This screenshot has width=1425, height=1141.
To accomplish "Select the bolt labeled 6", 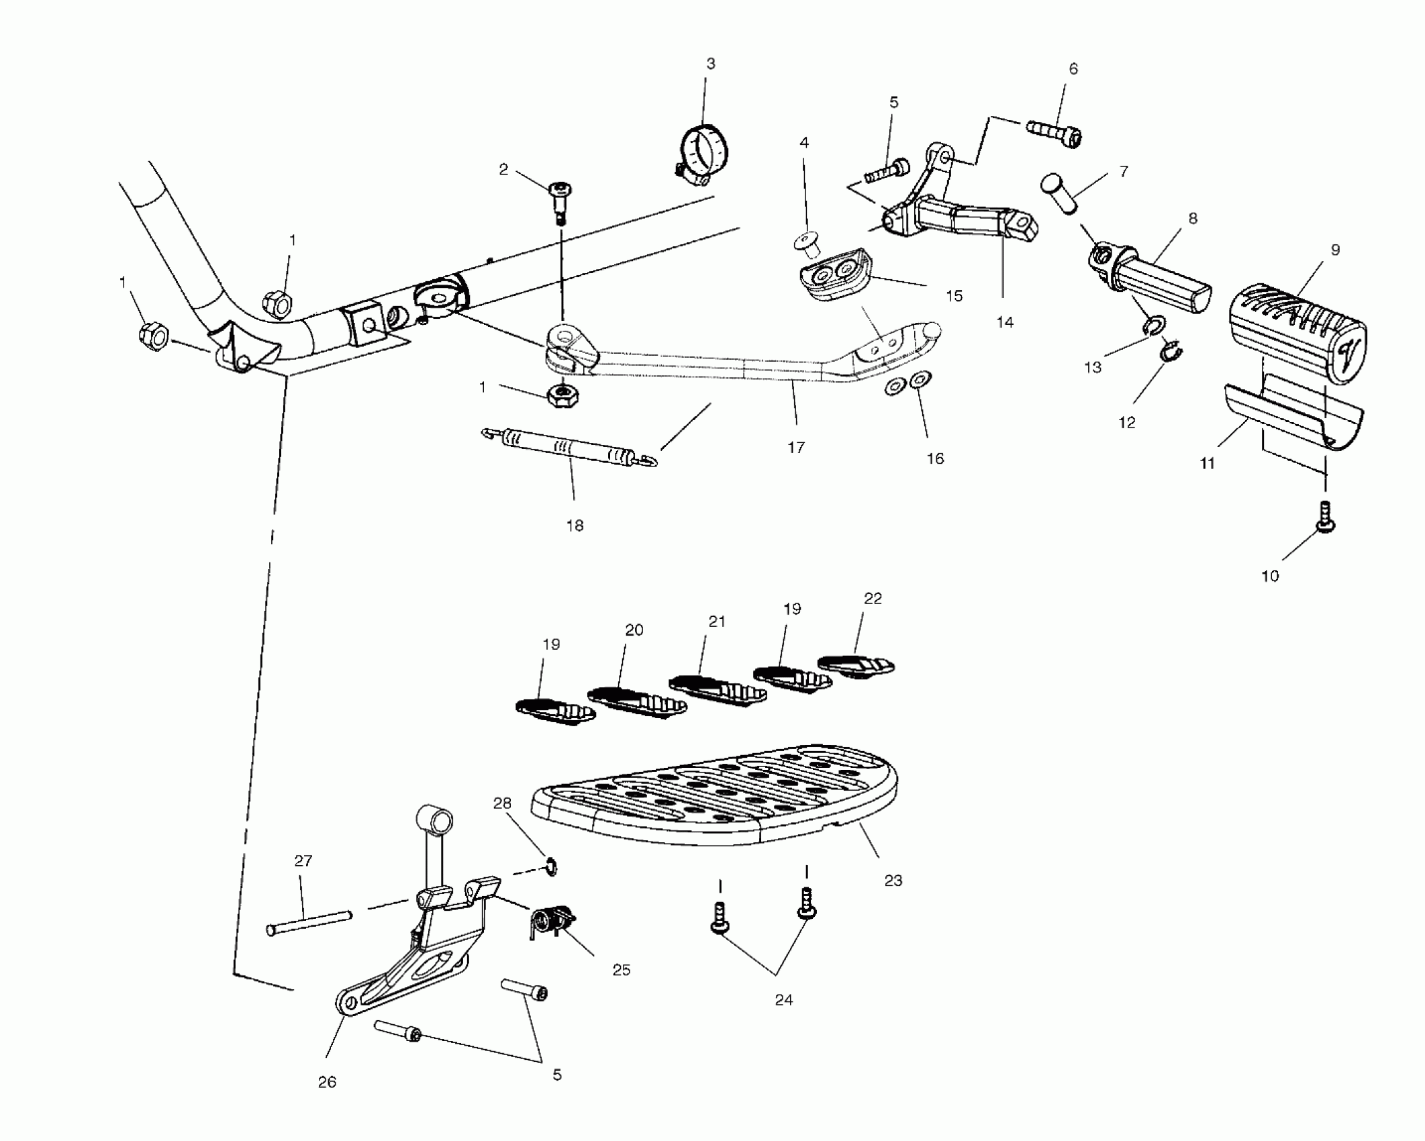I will [x=1055, y=132].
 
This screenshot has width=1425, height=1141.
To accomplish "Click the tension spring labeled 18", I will [x=569, y=447].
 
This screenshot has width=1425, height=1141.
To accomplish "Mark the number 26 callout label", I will [x=327, y=1082].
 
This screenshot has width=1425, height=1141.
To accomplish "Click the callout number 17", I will [x=796, y=448].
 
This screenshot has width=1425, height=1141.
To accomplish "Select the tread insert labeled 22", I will [x=856, y=664].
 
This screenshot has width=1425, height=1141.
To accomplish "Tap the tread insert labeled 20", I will [x=636, y=700].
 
